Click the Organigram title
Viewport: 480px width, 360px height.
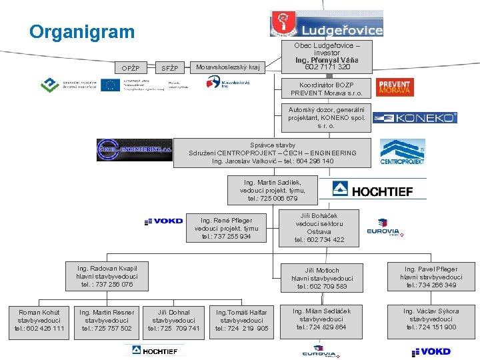82,32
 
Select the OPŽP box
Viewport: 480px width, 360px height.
130,67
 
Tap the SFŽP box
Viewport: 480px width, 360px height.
171,67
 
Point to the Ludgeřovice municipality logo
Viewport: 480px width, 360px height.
326,24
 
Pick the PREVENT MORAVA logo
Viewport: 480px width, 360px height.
394,87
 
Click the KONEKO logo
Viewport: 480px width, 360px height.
415,118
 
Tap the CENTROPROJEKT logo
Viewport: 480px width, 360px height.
402,153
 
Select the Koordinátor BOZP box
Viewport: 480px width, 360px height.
326,88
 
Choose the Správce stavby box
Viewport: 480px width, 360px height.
272,153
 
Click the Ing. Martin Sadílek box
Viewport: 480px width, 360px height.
273,190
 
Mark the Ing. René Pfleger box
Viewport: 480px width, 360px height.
227,228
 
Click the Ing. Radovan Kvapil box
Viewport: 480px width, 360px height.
107,276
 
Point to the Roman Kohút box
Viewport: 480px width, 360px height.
39,320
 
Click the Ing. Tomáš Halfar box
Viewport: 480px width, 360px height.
241,320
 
